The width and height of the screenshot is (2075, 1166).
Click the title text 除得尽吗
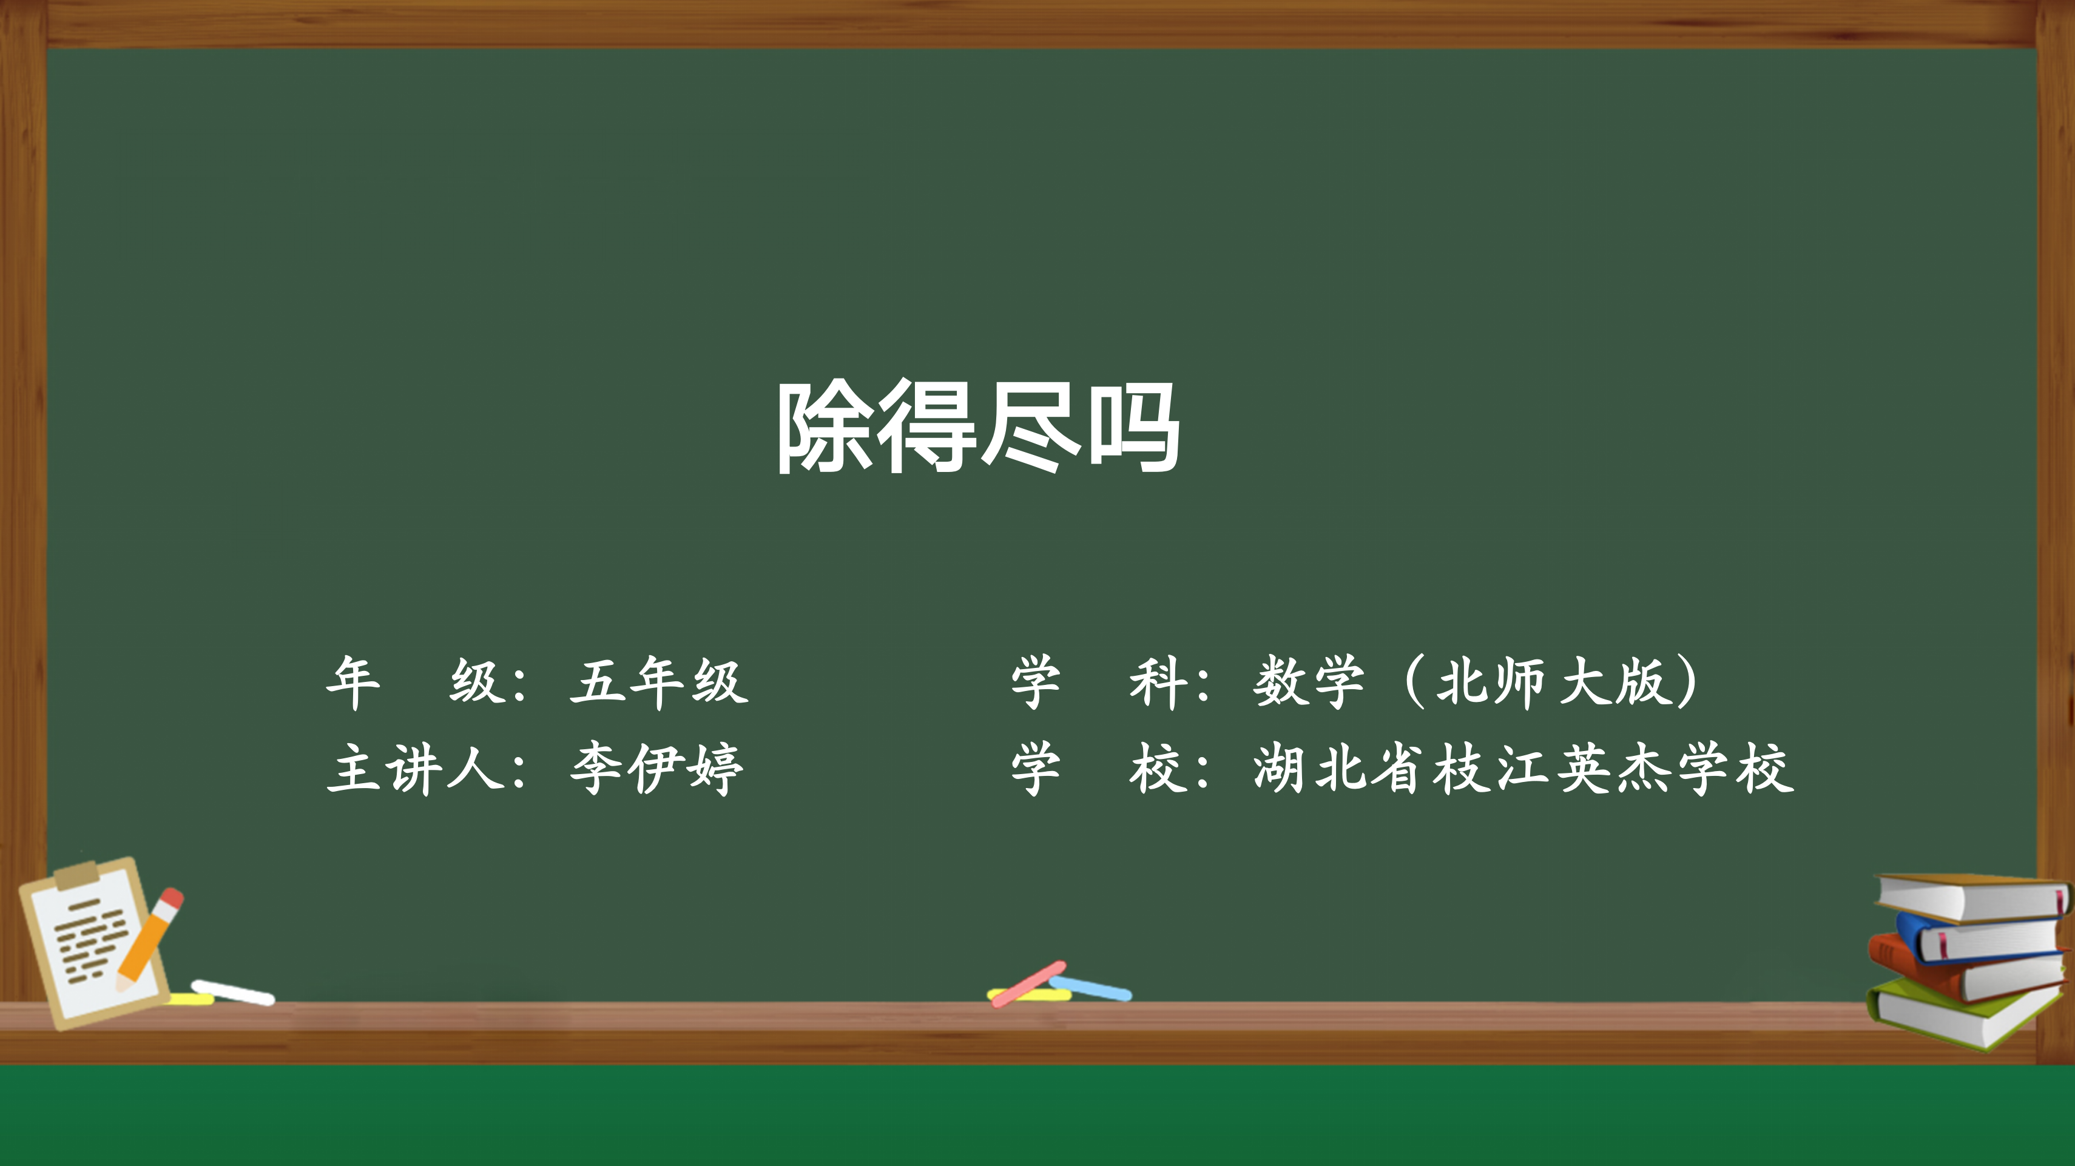pos(978,426)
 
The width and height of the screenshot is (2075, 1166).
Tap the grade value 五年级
pos(659,681)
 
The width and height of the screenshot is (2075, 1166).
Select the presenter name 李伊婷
pos(656,768)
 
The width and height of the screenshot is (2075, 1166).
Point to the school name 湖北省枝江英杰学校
pos(1522,768)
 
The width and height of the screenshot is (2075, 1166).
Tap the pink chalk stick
pos(1028,983)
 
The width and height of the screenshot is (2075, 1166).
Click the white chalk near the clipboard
pos(233,992)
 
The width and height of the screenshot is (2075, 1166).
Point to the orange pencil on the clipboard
pos(150,938)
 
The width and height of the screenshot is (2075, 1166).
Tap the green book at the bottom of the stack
pos(1965,1012)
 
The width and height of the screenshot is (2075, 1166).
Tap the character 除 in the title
pos(824,426)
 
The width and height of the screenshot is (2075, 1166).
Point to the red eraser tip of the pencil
pos(172,898)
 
